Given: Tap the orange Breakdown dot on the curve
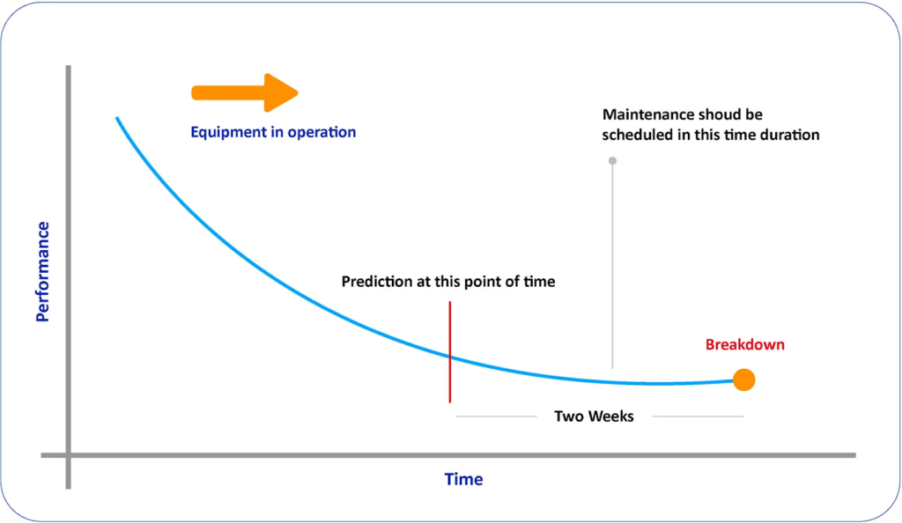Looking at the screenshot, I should pos(744,379).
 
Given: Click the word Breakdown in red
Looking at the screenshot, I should pos(744,344).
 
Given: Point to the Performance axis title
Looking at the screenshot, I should pos(41,272).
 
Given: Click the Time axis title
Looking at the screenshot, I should pos(463,480).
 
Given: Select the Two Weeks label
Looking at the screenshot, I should pos(594,416).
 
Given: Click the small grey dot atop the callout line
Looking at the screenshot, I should pos(612,161).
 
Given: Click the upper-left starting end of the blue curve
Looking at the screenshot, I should pos(116,118).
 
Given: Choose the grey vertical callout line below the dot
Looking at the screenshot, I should pos(612,264).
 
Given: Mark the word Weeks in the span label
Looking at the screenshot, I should pos(611,416).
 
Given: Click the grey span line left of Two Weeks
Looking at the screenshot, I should pos(495,416).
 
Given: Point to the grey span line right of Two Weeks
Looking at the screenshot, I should pos(698,416).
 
